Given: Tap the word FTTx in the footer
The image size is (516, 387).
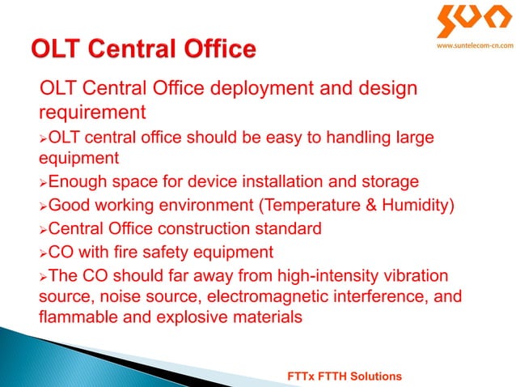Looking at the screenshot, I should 303,378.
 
